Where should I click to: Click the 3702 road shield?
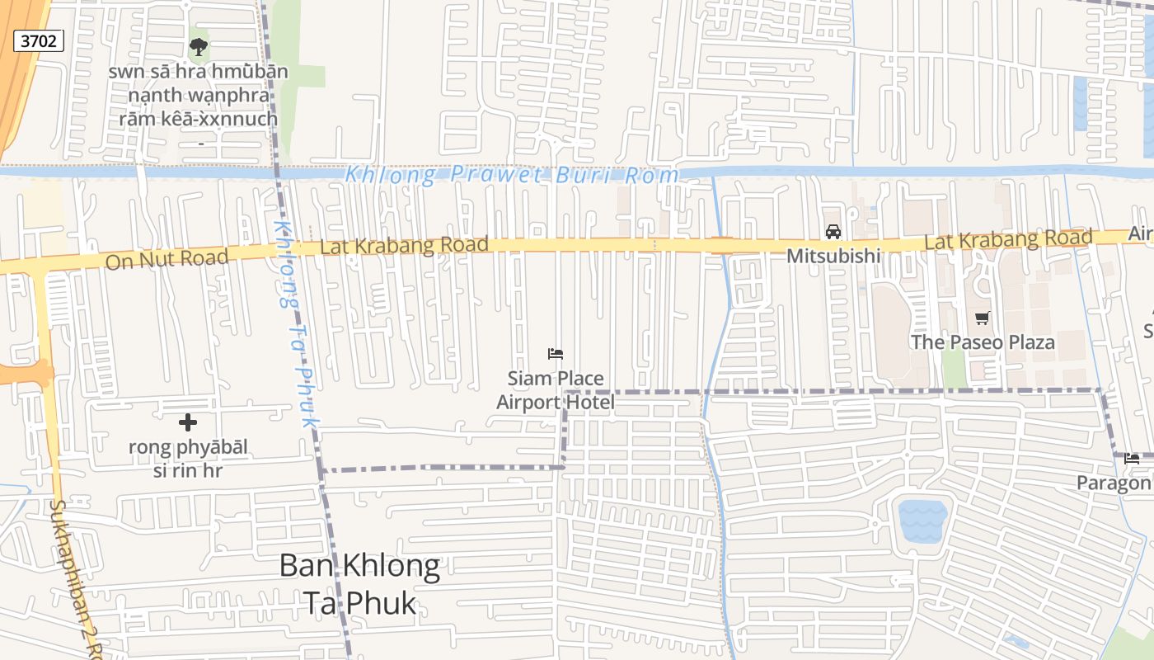tap(39, 40)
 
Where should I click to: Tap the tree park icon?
tap(199, 46)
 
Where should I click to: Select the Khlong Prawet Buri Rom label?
tap(511, 175)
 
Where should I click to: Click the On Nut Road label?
tap(167, 259)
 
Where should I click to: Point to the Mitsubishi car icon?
tap(833, 232)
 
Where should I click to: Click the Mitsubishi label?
tap(833, 256)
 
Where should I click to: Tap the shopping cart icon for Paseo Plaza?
tap(982, 318)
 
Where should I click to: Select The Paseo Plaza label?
tap(982, 342)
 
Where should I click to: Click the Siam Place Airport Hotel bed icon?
tap(556, 354)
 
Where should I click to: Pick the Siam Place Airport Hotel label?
tap(556, 390)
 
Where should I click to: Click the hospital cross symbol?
tap(188, 422)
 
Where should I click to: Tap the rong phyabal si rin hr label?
tap(188, 460)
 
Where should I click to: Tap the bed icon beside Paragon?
tap(1132, 459)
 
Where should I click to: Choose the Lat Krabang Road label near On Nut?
tap(404, 246)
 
